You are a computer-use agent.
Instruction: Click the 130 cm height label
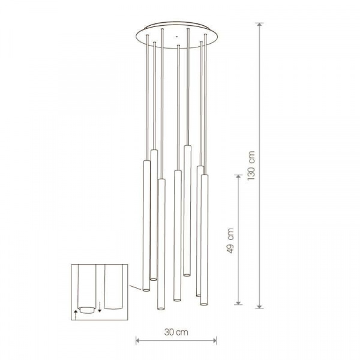pyautogui.click(x=251, y=166)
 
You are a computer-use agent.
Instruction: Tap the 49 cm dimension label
pyautogui.click(x=230, y=241)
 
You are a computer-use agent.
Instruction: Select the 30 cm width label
pyautogui.click(x=176, y=332)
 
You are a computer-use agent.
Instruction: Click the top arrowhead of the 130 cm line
pyautogui.click(x=260, y=25)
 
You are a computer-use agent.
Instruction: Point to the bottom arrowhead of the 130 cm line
pyautogui.click(x=260, y=306)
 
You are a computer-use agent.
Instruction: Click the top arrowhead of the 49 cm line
pyautogui.click(x=239, y=177)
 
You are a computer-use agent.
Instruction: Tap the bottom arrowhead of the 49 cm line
pyautogui.click(x=239, y=302)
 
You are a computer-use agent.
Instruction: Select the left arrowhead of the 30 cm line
pyautogui.click(x=138, y=341)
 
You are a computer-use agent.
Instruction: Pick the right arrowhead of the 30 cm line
pyautogui.click(x=214, y=341)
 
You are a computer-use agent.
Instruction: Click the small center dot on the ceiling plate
pyautogui.click(x=176, y=36)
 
